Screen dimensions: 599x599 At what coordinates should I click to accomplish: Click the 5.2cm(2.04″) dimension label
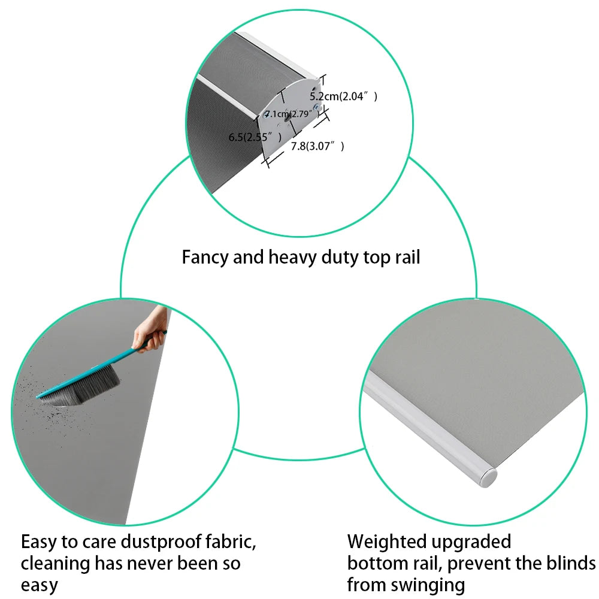pyautogui.click(x=343, y=96)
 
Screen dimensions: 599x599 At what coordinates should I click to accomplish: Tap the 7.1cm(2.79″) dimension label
pyautogui.click(x=292, y=114)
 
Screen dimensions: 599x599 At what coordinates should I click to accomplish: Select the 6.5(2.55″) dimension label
pyautogui.click(x=255, y=137)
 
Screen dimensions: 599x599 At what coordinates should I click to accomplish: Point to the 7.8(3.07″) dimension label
pyautogui.click(x=317, y=146)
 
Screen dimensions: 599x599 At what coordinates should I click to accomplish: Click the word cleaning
pyautogui.click(x=55, y=564)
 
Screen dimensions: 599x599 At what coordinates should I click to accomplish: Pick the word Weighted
pyautogui.click(x=386, y=541)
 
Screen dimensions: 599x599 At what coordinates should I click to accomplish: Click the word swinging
pyautogui.click(x=427, y=586)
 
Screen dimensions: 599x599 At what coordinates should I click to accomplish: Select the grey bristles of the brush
pyautogui.click(x=81, y=386)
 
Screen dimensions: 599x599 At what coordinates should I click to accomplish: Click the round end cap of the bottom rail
pyautogui.click(x=488, y=477)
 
